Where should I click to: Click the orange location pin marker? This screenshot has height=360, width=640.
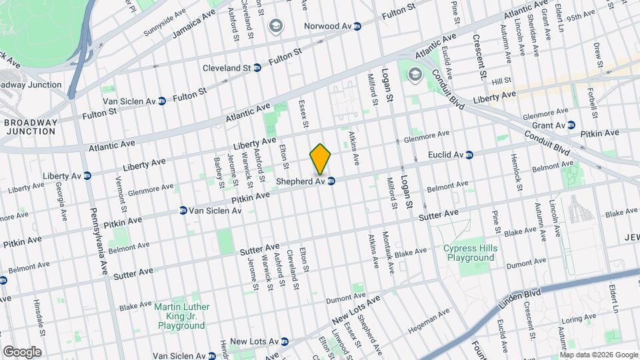tap(321, 159)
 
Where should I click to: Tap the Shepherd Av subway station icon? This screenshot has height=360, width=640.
tap(331, 181)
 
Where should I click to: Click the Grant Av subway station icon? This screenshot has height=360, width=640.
tap(571, 125)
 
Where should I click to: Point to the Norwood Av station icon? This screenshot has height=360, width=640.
tap(357, 27)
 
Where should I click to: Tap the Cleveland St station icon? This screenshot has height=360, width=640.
tap(257, 68)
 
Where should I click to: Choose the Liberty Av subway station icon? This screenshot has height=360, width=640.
tap(87, 175)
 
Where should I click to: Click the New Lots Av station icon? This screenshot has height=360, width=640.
tap(285, 341)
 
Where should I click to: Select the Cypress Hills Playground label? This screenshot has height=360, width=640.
tap(470, 253)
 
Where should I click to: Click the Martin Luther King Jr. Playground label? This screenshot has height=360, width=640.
tap(181, 317)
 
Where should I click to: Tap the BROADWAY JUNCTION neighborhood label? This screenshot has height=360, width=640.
tap(30, 127)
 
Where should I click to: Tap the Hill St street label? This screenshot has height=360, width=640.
tap(501, 81)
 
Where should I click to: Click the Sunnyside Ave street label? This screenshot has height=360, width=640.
tap(164, 24)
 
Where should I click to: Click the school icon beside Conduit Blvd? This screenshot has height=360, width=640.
tap(415, 73)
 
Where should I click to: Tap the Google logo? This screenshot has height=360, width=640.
tap(22, 351)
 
